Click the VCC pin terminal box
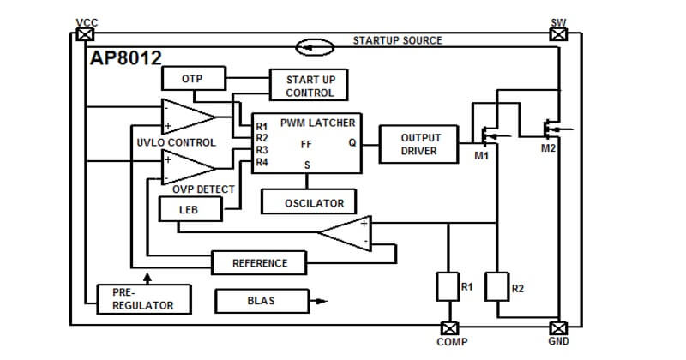pyautogui.click(x=85, y=34)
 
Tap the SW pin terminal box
pyautogui.click(x=558, y=34)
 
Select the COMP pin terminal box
pyautogui.click(x=449, y=328)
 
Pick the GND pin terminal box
pyautogui.click(x=558, y=328)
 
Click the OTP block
pyautogui.click(x=194, y=79)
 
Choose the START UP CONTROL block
pyautogui.click(x=309, y=85)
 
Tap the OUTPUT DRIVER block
pyautogui.click(x=418, y=144)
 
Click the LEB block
pyautogui.click(x=190, y=209)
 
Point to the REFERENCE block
pyautogui.click(x=259, y=263)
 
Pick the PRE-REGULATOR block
pyautogui.click(x=144, y=299)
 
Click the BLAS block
pyautogui.click(x=262, y=301)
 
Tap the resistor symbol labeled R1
pyautogui.click(x=448, y=286)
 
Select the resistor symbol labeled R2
pyautogui.click(x=497, y=286)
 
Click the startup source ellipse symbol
pyautogui.click(x=315, y=47)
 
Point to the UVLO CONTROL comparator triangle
pyautogui.click(x=187, y=117)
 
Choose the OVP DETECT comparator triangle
pyautogui.click(x=187, y=167)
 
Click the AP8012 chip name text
pyautogui.click(x=126, y=57)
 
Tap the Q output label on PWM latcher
pyautogui.click(x=352, y=143)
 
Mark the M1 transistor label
pyautogui.click(x=482, y=155)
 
